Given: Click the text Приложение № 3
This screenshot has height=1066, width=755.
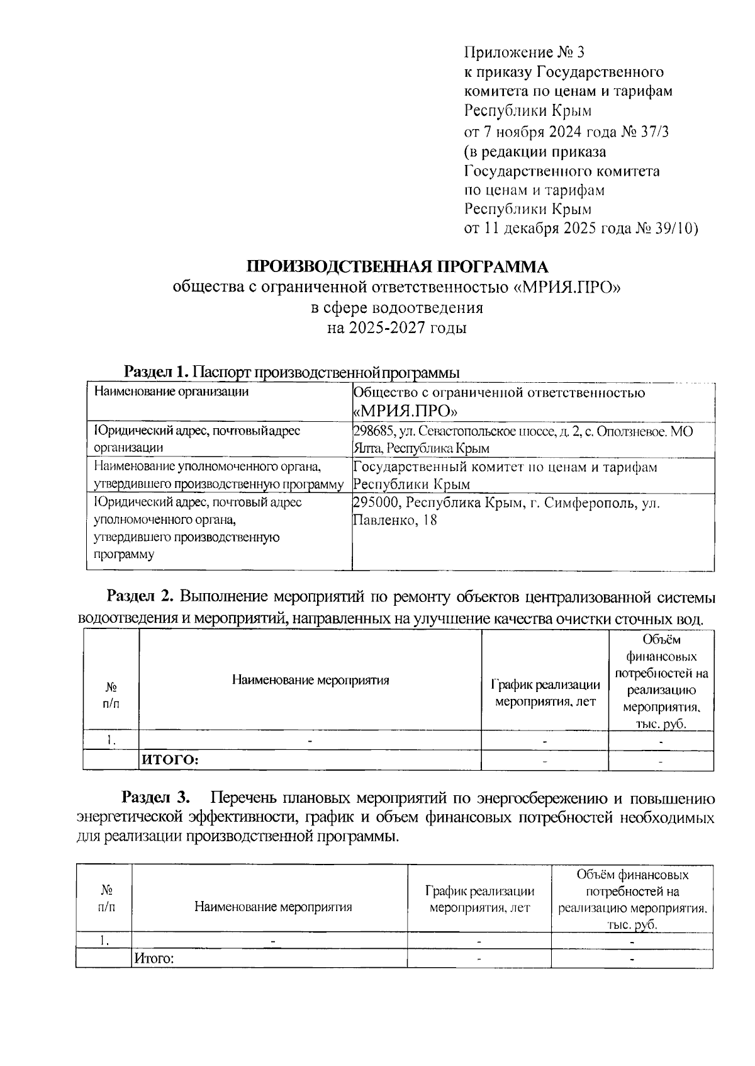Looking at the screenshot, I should (x=525, y=52).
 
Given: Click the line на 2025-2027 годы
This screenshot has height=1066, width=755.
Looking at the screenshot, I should (x=396, y=327).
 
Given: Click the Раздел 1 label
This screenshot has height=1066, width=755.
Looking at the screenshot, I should (x=157, y=371).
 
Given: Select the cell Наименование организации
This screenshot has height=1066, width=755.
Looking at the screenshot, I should (x=171, y=392).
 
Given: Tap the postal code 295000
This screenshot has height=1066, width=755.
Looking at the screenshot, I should (x=375, y=503).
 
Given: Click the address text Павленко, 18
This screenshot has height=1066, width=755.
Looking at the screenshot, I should (x=394, y=521).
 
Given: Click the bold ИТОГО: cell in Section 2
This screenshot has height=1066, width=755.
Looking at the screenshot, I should (x=170, y=760).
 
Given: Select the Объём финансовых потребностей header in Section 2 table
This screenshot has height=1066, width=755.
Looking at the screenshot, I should (x=661, y=681).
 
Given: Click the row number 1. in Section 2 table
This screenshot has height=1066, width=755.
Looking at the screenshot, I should (x=111, y=740).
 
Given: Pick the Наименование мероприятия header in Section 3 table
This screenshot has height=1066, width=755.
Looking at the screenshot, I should (x=272, y=907).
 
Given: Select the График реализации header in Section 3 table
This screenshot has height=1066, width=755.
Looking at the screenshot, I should (x=479, y=899).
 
